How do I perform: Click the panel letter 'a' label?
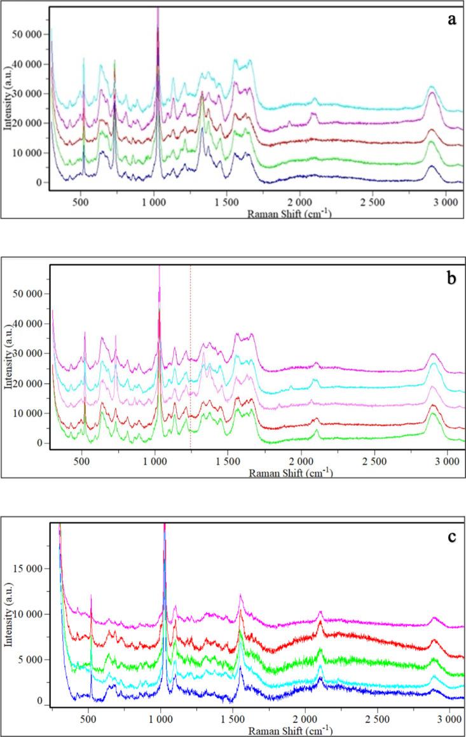pos(452,19)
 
